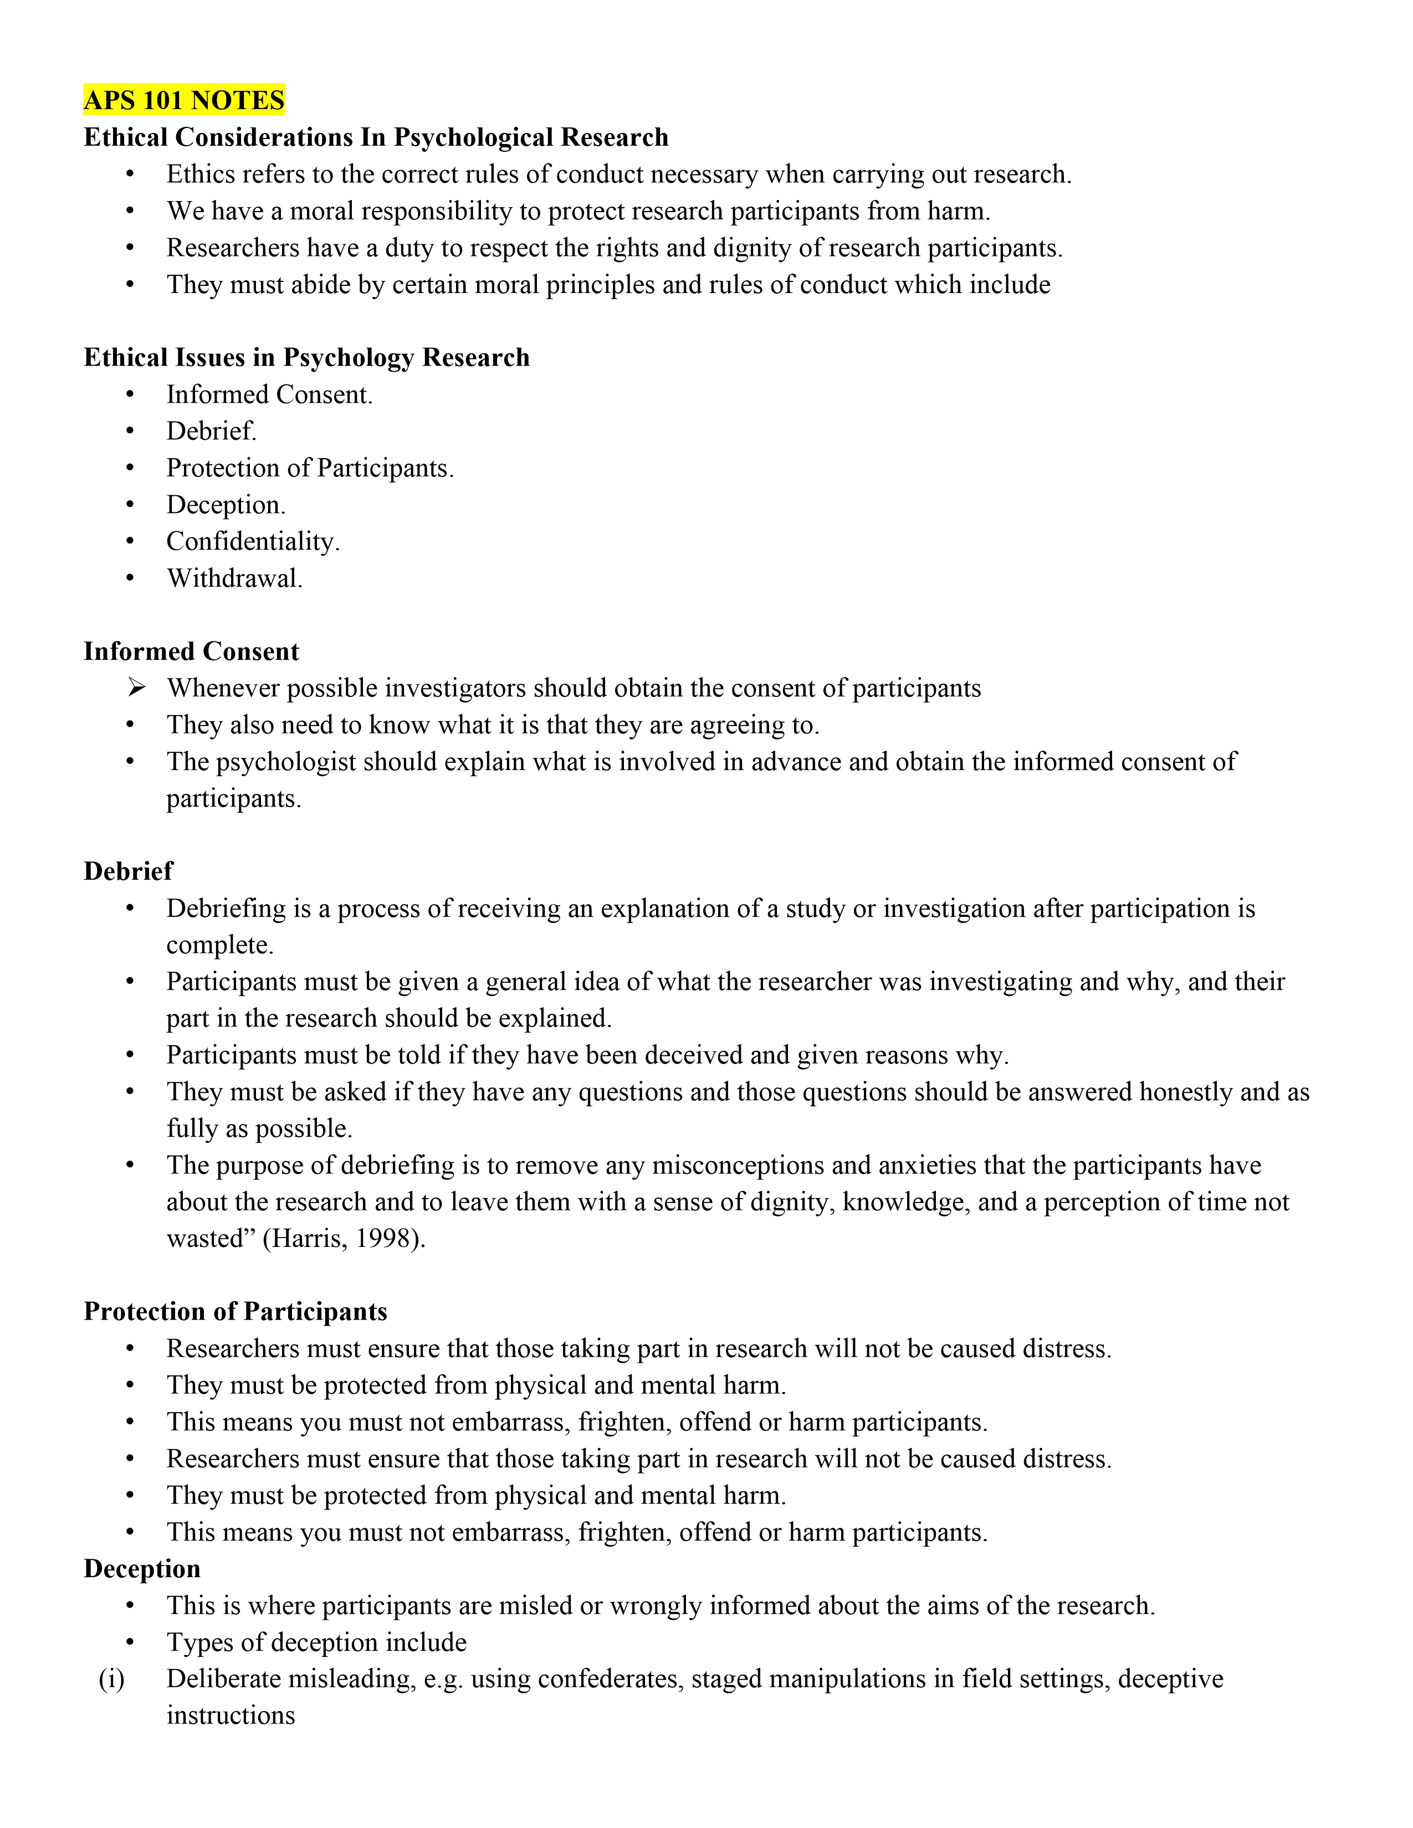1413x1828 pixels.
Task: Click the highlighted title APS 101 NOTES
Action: (x=184, y=100)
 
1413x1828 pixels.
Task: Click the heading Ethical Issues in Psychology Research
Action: (x=306, y=357)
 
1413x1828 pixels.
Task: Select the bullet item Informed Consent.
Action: (x=269, y=394)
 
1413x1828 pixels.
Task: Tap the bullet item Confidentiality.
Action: (x=253, y=542)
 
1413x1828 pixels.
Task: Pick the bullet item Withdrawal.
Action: (x=234, y=578)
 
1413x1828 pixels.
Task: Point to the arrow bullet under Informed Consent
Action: (x=136, y=688)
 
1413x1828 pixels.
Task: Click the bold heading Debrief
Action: (x=128, y=871)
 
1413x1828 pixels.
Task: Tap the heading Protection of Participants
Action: (x=235, y=1312)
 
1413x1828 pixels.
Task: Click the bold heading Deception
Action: (x=142, y=1569)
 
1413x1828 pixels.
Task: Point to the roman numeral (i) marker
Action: (x=111, y=1679)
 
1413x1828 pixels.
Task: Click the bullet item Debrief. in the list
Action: (x=211, y=431)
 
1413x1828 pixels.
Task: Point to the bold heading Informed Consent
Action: (x=191, y=651)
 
